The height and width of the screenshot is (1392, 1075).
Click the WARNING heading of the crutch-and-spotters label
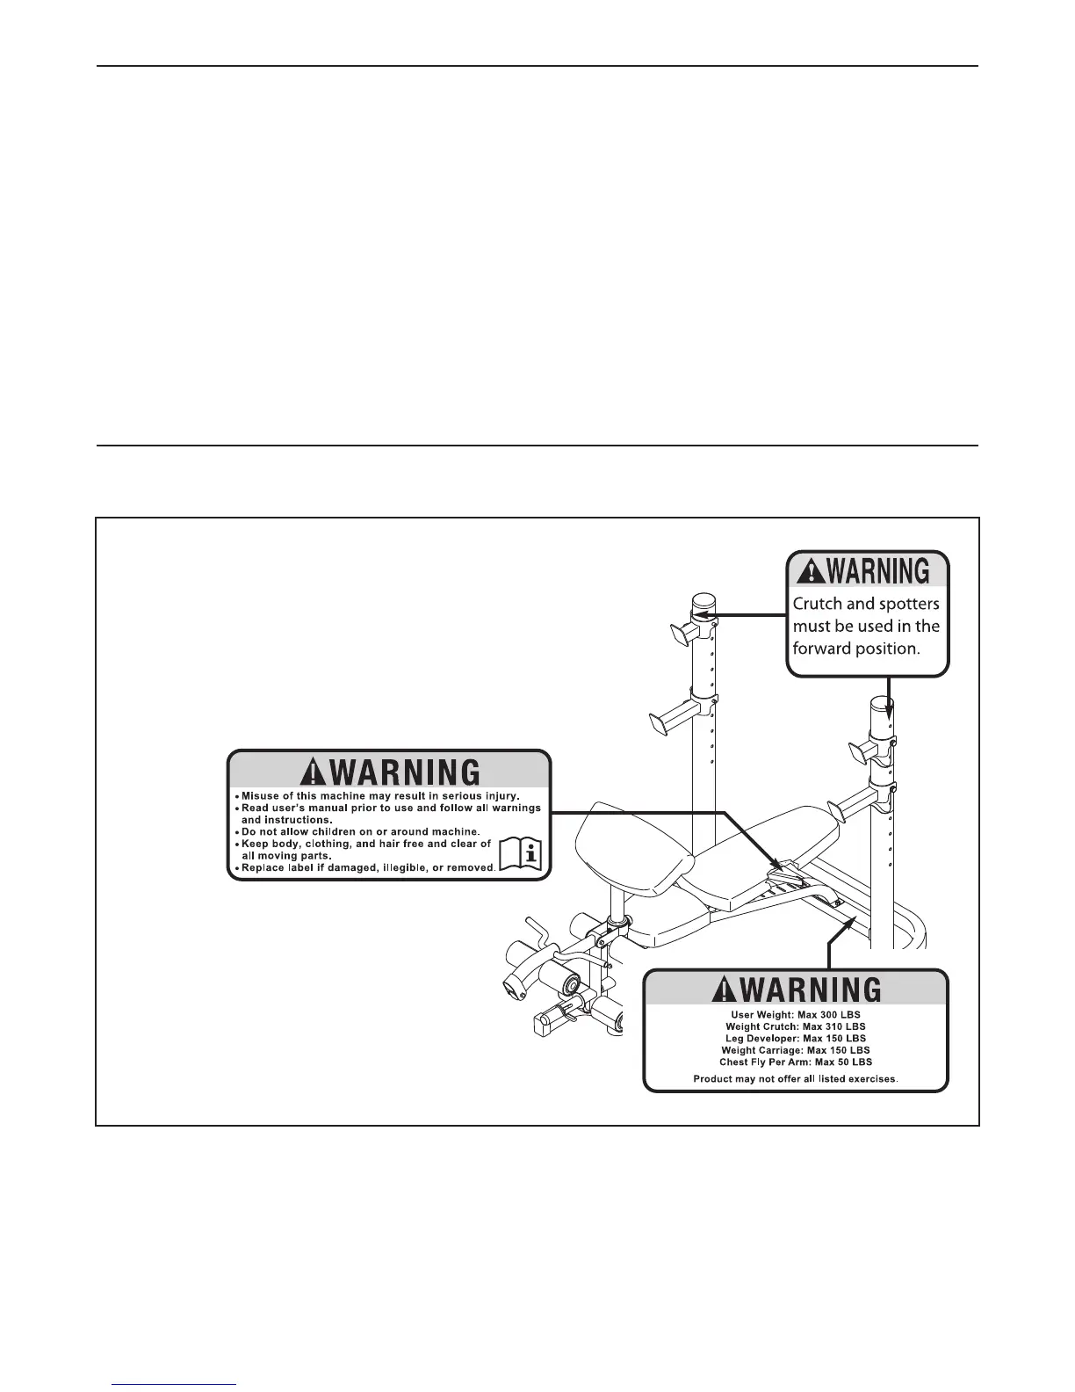pos(868,571)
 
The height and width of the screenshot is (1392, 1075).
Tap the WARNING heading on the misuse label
pos(390,772)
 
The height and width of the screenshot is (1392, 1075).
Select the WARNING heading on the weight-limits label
pos(797,990)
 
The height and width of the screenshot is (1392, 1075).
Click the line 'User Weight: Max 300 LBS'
pos(796,1015)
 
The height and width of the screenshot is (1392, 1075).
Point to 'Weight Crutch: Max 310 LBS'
pos(796,1026)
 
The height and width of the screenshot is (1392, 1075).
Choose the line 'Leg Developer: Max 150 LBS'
pos(796,1038)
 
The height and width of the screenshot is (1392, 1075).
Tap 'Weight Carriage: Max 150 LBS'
pos(796,1050)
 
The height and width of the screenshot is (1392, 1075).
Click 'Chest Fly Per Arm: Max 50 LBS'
pos(796,1062)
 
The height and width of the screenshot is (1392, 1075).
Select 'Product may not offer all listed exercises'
pos(796,1078)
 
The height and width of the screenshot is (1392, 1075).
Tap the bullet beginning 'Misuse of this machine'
pos(380,796)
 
